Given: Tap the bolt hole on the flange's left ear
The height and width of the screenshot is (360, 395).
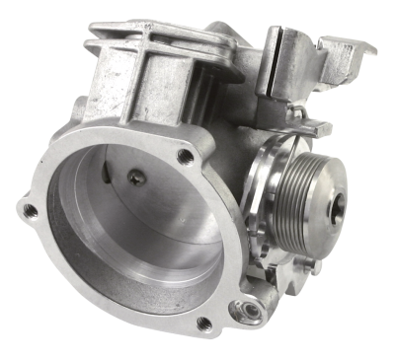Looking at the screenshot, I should [31, 211].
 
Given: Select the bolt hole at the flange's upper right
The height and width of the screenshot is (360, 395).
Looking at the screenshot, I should [184, 155].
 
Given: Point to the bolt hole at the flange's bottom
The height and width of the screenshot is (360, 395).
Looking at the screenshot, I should [204, 323].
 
